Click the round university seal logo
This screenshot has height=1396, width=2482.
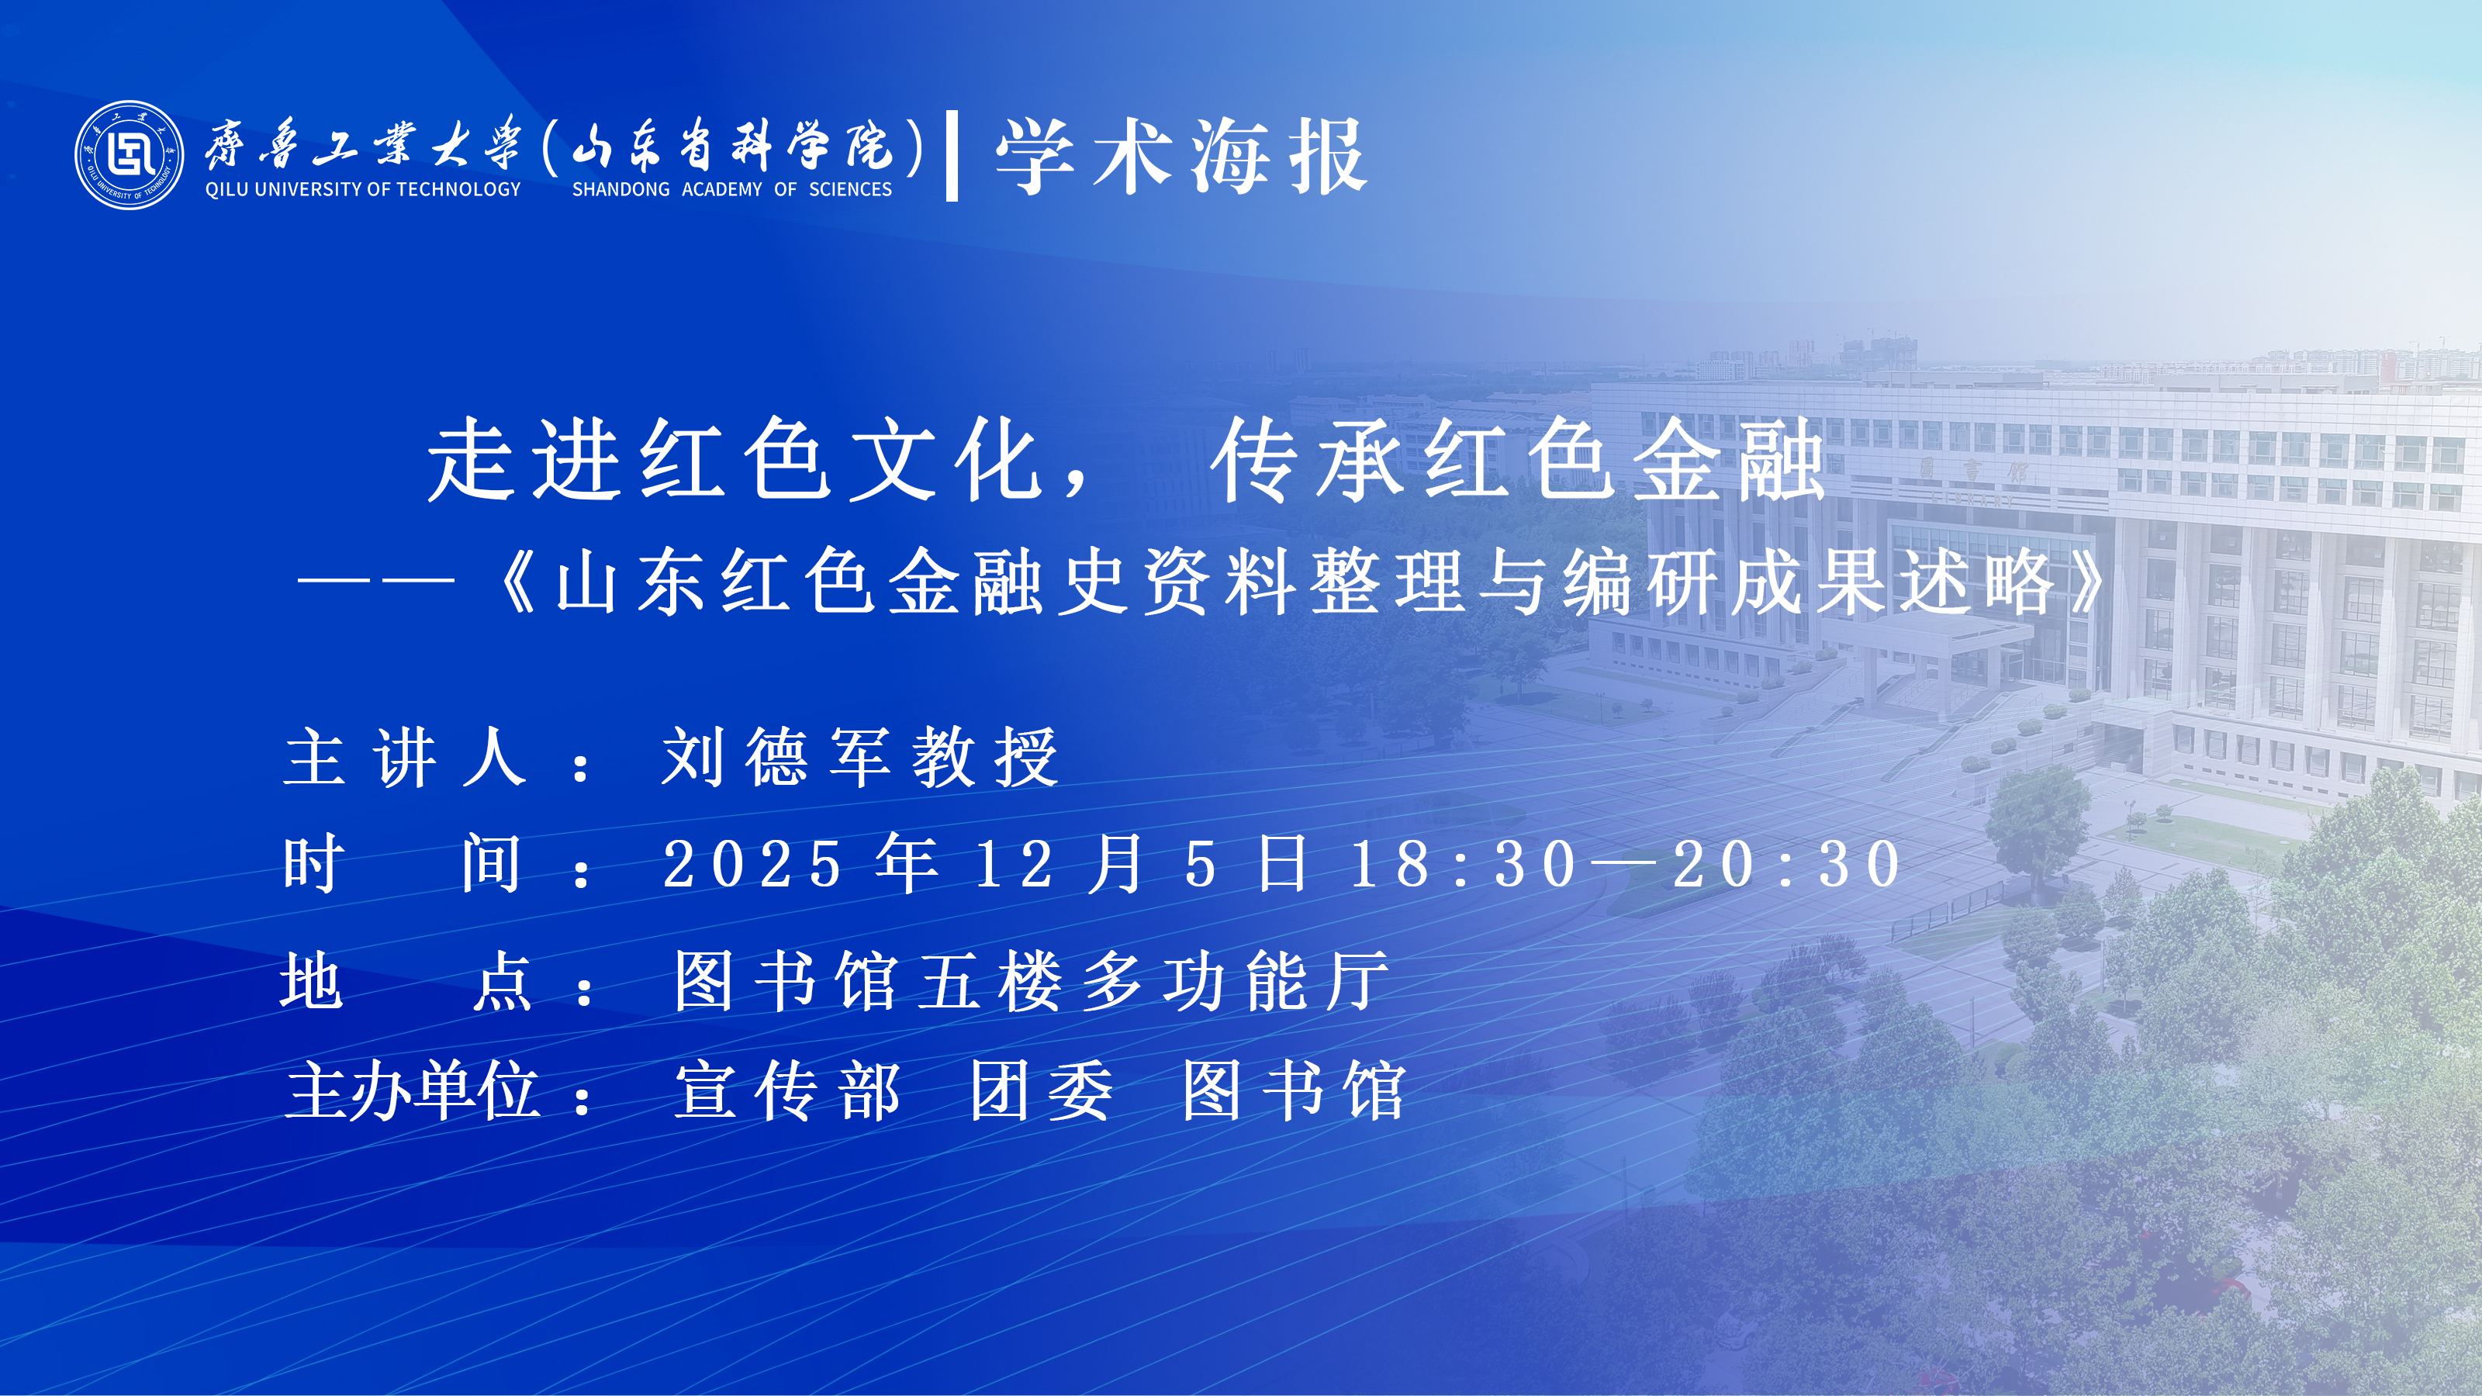pos(129,155)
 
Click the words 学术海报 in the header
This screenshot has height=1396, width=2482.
pos(1181,157)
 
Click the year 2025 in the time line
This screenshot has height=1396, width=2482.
pos(752,863)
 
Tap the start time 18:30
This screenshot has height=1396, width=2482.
pos(1463,863)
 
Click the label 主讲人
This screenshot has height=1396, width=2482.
pos(406,757)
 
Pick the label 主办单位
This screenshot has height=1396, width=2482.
pos(413,1090)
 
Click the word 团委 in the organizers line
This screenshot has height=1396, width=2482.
pos(1042,1090)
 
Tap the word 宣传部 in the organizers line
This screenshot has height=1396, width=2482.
pos(787,1090)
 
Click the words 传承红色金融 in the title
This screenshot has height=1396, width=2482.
pos(1519,461)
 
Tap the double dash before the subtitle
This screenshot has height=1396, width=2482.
pos(375,581)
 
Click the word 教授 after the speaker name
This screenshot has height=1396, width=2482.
pos(985,757)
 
